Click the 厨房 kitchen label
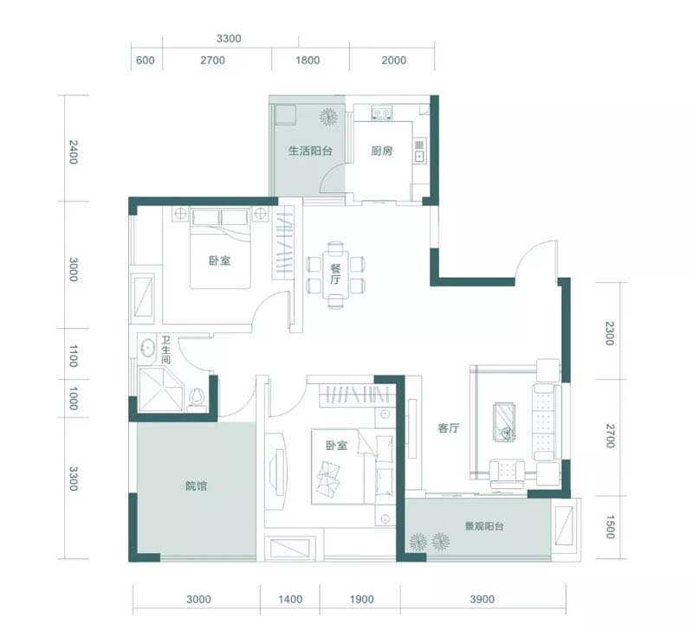tap(381, 151)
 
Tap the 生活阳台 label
tap(310, 151)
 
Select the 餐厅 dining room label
tap(335, 273)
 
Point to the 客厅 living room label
tap(449, 427)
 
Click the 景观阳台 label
tap(484, 526)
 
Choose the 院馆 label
tap(197, 486)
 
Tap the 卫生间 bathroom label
tap(165, 350)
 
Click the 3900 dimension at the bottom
tap(483, 599)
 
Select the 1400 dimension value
tap(290, 599)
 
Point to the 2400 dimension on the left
tap(74, 151)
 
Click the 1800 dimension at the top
tap(308, 60)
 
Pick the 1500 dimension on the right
tap(610, 527)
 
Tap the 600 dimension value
tap(146, 60)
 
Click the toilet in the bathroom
tap(198, 399)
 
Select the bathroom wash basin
tap(146, 346)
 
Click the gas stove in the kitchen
tap(381, 113)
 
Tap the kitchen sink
tap(419, 150)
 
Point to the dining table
tap(335, 274)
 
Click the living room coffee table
tap(504, 422)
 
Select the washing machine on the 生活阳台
tap(285, 114)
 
